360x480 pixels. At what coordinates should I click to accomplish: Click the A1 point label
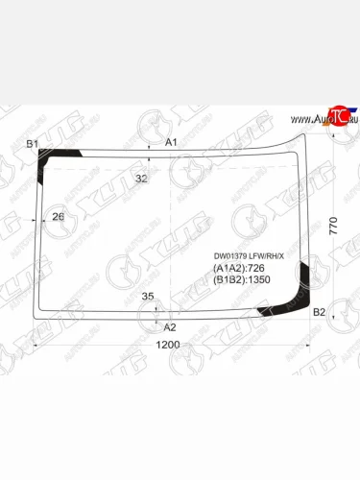pyautogui.click(x=172, y=142)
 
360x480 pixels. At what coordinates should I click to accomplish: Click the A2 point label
pyautogui.click(x=171, y=327)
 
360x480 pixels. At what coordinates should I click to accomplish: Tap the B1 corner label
pyautogui.click(x=32, y=144)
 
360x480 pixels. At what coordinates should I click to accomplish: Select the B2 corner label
pyautogui.click(x=320, y=312)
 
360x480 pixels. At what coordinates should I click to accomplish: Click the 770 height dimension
pyautogui.click(x=334, y=226)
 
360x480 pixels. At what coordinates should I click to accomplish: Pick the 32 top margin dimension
pyautogui.click(x=142, y=179)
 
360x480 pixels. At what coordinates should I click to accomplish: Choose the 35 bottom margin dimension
pyautogui.click(x=148, y=297)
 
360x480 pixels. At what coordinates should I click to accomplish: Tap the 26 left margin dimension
pyautogui.click(x=58, y=216)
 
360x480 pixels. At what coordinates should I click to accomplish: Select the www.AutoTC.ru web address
pyautogui.click(x=317, y=119)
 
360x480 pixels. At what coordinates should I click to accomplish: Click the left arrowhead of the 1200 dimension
pyautogui.click(x=36, y=344)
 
